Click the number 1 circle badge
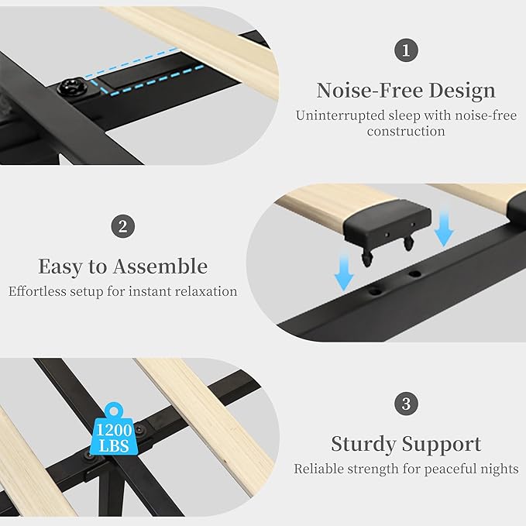tap(405, 52)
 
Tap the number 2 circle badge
tap(122, 227)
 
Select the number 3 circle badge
tap(406, 404)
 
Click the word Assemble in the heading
tap(160, 266)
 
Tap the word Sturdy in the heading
tap(364, 444)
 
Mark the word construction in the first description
tap(406, 132)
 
